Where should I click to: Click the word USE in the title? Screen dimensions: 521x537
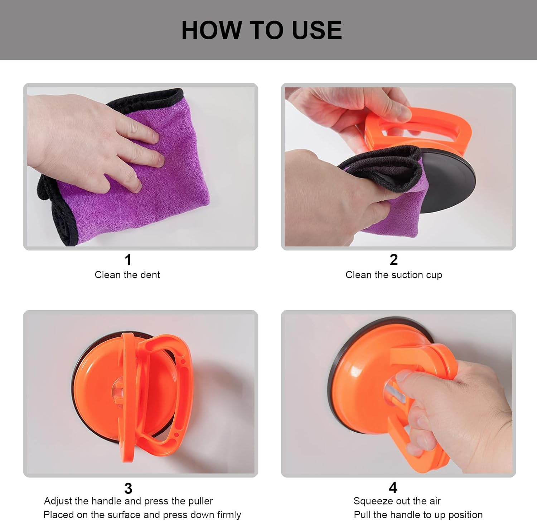[317, 30]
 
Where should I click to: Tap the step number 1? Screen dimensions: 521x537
[128, 260]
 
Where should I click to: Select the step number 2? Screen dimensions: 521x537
[393, 260]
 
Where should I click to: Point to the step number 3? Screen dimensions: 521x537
[128, 488]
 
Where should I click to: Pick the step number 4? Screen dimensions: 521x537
[393, 487]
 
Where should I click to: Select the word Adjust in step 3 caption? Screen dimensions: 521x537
[58, 501]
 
